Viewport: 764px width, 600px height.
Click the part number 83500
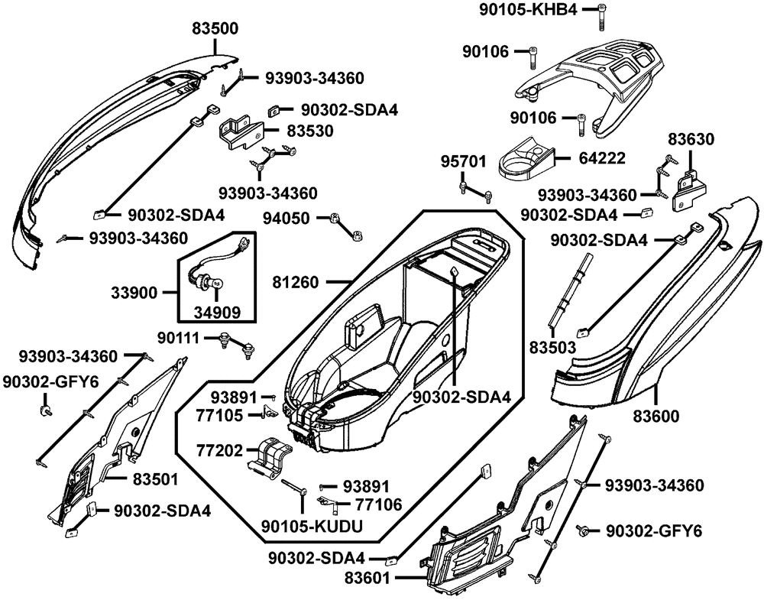(x=215, y=29)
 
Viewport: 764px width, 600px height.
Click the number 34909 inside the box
(x=216, y=312)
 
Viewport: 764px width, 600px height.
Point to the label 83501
(x=156, y=479)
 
